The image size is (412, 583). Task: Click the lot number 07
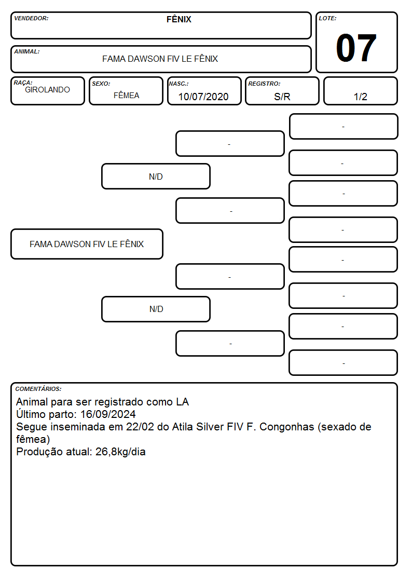click(x=356, y=48)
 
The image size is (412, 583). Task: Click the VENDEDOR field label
click(x=31, y=18)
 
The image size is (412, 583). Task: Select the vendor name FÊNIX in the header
click(x=178, y=19)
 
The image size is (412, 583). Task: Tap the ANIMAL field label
click(x=27, y=52)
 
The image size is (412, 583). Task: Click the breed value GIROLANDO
click(x=48, y=90)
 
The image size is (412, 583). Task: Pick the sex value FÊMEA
click(x=126, y=96)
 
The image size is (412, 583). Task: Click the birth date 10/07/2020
click(x=203, y=97)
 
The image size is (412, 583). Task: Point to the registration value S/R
click(x=282, y=97)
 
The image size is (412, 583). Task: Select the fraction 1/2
click(x=360, y=97)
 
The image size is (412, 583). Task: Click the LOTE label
click(x=327, y=18)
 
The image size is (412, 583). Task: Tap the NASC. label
click(x=178, y=84)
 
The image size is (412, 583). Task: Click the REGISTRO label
click(x=264, y=84)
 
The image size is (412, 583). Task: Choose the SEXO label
click(x=101, y=84)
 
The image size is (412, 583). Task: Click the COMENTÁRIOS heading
click(x=38, y=389)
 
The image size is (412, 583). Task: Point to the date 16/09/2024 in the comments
click(x=108, y=414)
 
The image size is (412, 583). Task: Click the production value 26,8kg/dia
click(x=120, y=452)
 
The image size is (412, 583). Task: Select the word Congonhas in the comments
click(x=287, y=427)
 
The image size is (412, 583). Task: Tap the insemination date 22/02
click(x=140, y=427)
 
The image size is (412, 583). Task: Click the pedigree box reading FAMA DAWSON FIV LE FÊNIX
click(x=87, y=244)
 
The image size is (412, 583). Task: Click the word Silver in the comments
click(x=210, y=427)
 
